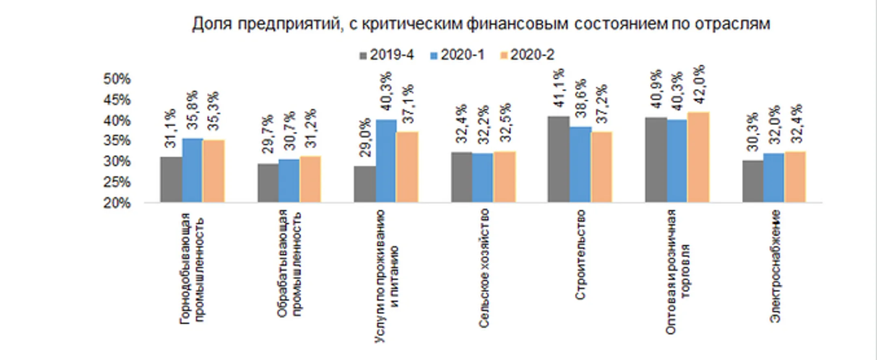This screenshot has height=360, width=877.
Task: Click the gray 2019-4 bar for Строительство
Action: (558, 159)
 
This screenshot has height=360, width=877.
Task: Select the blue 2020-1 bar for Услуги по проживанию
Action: (386, 161)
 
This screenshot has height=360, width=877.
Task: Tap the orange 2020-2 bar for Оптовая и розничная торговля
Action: (698, 157)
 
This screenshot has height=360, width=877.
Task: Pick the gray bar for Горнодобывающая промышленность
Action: (171, 179)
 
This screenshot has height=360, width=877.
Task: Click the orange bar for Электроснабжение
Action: (795, 177)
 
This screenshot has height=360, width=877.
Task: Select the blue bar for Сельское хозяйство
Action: (483, 177)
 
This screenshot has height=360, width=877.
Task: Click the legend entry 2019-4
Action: (387, 55)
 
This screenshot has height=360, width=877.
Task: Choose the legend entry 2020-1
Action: (458, 55)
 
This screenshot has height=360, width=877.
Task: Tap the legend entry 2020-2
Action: (527, 55)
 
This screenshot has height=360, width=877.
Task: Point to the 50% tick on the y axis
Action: (117, 79)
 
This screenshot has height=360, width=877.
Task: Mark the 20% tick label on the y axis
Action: (117, 203)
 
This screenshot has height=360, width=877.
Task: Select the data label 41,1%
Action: (559, 88)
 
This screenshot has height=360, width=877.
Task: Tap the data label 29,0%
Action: (365, 137)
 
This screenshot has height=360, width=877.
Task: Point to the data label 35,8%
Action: (193, 110)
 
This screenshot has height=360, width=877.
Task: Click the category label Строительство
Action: (581, 254)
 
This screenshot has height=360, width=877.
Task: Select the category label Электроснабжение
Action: (775, 266)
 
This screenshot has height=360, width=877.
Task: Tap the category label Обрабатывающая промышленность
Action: (289, 263)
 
